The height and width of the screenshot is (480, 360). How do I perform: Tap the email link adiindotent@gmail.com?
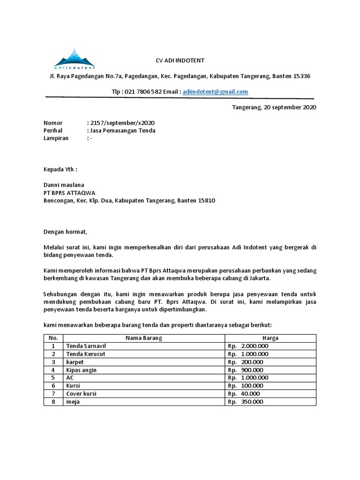pos(215,92)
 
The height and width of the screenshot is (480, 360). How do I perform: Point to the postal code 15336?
pos(301,76)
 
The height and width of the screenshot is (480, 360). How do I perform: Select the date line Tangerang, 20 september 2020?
pos(274,107)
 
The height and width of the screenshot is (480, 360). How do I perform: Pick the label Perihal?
pos(53,130)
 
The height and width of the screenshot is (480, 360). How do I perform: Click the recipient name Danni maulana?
pos(64,185)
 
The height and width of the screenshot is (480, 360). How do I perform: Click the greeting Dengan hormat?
pos(66,232)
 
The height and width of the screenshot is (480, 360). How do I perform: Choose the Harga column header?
pos(270,338)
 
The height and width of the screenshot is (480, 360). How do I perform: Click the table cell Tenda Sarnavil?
pos(86,346)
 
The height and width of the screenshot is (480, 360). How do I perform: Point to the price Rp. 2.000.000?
pos(248,346)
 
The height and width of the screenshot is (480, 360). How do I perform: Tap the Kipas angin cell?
pos(82,370)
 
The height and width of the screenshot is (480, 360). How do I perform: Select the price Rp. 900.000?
pos(245,370)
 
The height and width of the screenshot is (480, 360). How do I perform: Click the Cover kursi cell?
pos(82,394)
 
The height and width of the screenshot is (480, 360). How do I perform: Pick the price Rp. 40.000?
pos(244,394)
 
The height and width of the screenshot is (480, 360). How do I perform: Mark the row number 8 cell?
pos(53,402)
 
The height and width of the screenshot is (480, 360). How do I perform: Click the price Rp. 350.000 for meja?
pos(245,402)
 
